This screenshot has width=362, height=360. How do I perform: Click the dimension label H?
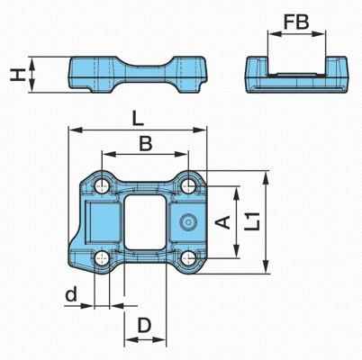(x=17, y=75)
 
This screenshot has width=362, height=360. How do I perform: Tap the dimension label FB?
(x=296, y=22)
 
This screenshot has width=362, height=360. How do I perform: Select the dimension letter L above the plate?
(x=138, y=119)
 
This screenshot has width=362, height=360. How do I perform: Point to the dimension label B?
(x=146, y=143)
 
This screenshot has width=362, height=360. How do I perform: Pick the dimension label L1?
(x=251, y=221)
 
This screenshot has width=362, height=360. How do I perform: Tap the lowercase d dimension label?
(x=71, y=293)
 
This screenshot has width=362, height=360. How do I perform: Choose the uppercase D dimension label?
(x=144, y=326)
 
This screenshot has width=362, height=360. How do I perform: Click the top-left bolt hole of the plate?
(x=102, y=186)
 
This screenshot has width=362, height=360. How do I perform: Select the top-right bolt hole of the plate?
(x=188, y=186)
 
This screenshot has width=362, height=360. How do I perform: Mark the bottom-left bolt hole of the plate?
(x=102, y=257)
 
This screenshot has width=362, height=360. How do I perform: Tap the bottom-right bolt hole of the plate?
(x=188, y=257)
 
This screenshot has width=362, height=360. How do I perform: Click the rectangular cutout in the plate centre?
(x=145, y=222)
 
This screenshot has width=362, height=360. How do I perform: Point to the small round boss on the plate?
(x=188, y=222)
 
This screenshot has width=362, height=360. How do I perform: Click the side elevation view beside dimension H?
(x=138, y=75)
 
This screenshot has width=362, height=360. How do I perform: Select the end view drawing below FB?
(x=297, y=75)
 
